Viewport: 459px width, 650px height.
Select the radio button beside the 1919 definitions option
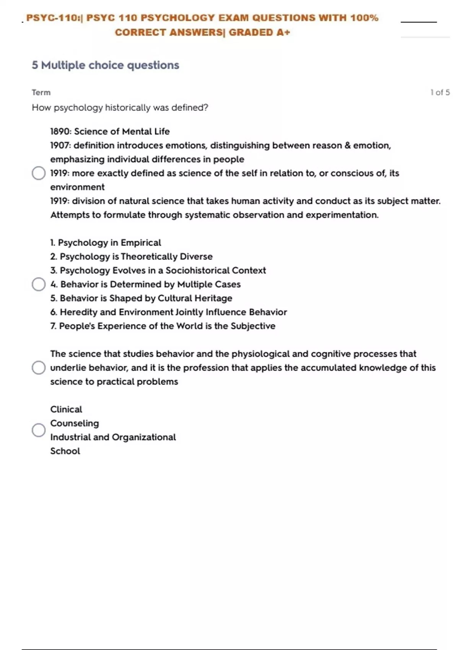pos(39,173)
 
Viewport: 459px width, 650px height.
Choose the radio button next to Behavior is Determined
pos(39,284)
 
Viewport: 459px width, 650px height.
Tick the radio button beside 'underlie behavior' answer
pos(39,367)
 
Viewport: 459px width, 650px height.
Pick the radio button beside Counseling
pos(39,430)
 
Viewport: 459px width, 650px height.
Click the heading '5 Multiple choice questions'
pos(105,65)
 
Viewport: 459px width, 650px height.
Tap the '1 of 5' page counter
pos(440,93)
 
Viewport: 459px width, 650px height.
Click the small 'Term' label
pos(41,93)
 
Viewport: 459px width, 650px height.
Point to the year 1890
pos(60,132)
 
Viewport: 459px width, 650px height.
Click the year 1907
pos(60,145)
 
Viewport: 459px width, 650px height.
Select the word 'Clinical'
pos(66,409)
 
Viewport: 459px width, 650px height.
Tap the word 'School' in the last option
pos(65,451)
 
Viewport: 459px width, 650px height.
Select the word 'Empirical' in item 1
pos(141,243)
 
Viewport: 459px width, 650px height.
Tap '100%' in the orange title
pos(364,18)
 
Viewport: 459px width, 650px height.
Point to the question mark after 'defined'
pos(206,107)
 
